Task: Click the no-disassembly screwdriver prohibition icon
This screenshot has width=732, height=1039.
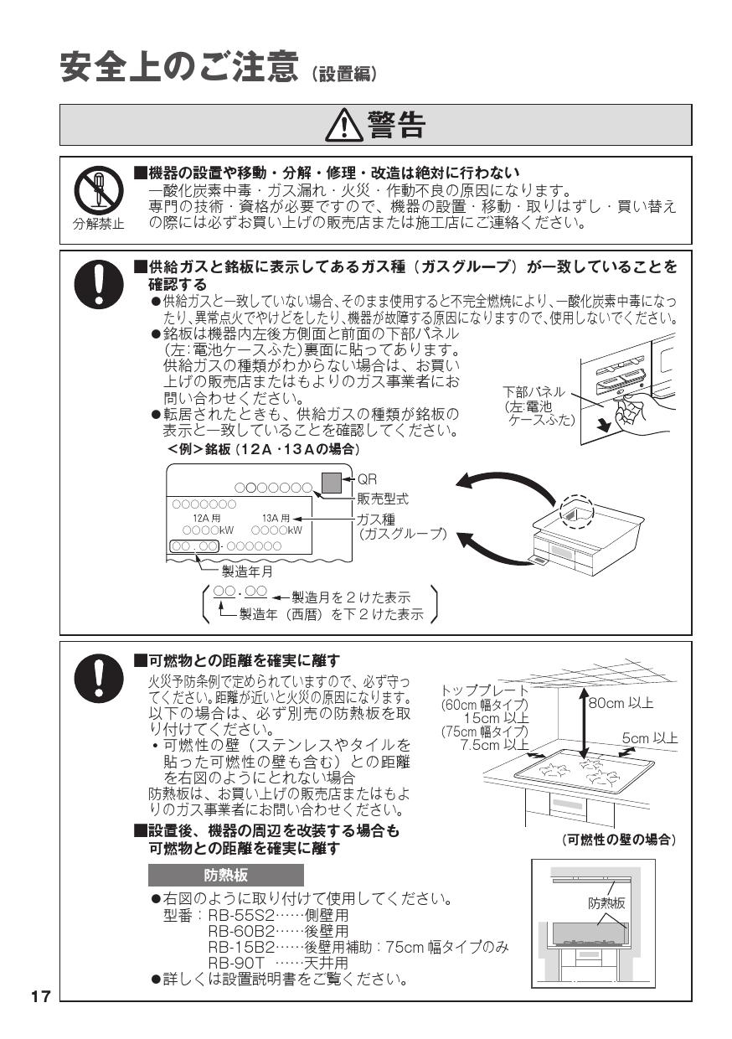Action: coord(99,189)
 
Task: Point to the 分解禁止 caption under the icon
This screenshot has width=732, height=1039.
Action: coord(99,224)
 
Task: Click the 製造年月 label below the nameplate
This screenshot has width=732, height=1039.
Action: coord(247,571)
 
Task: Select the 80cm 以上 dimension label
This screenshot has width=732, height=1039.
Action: coord(621,703)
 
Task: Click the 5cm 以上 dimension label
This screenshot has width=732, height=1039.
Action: coord(650,738)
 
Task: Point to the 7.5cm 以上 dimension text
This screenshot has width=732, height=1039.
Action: coord(494,744)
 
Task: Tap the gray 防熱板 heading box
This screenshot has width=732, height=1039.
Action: coord(225,876)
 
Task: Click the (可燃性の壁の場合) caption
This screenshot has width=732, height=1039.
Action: coord(619,840)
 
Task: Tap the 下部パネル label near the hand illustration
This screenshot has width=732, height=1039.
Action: coord(534,392)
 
